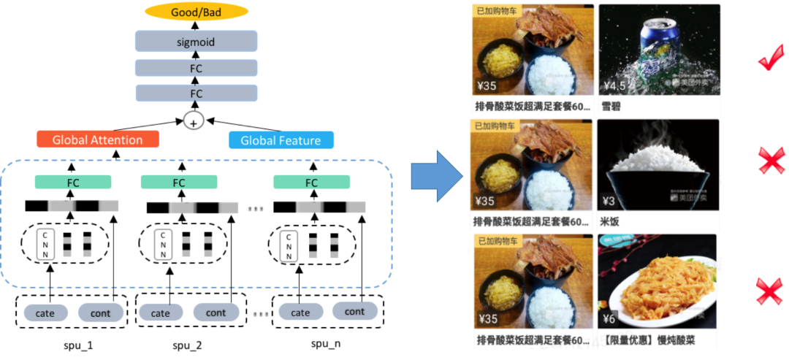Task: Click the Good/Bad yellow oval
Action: (196, 12)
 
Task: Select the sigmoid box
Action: (196, 42)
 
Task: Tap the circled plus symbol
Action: (194, 121)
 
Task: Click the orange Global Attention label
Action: (99, 140)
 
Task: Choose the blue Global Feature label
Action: (281, 140)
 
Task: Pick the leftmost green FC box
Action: (73, 182)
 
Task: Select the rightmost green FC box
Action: (311, 182)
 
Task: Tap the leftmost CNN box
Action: (47, 245)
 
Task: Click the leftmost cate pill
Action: (50, 313)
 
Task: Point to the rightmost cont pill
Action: (354, 312)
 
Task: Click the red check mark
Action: (771, 59)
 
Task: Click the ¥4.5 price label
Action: (614, 86)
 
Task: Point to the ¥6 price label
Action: (611, 318)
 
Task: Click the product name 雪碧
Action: (611, 106)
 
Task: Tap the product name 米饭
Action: (611, 221)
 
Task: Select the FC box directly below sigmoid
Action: (196, 68)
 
